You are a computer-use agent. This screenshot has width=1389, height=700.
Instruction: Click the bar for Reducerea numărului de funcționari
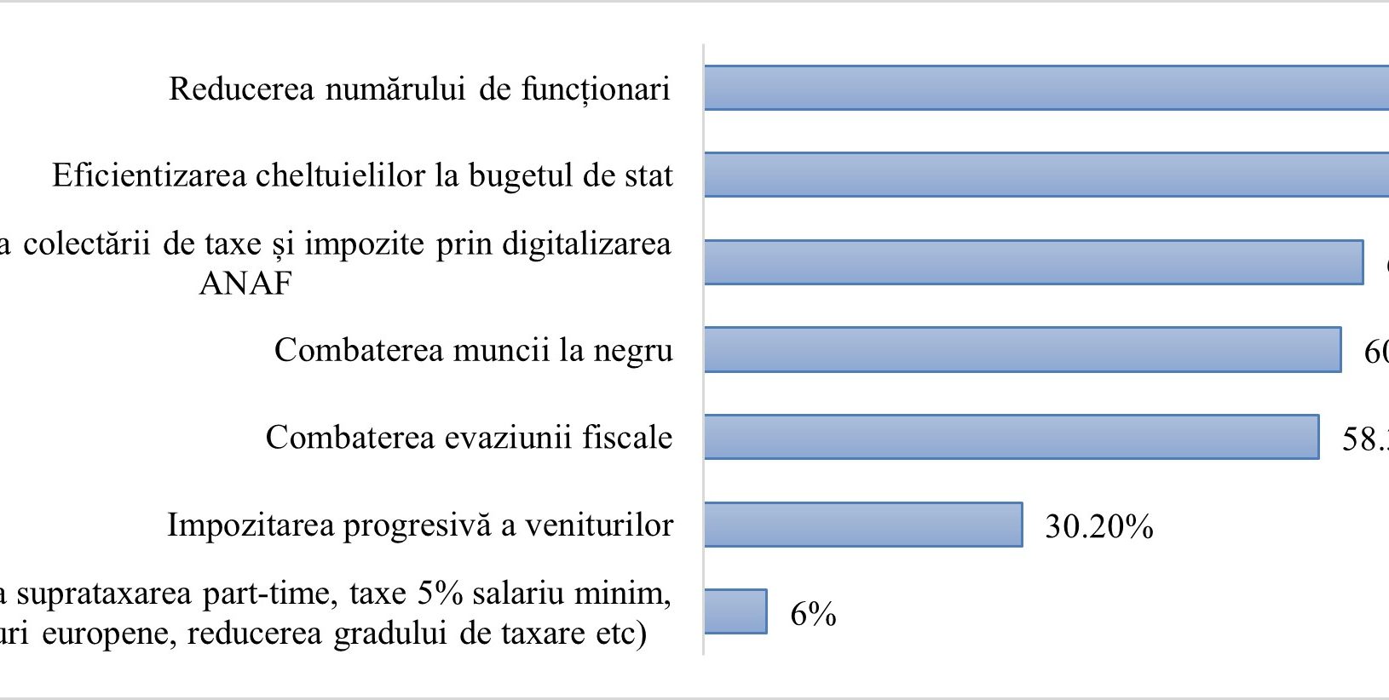click(x=1046, y=88)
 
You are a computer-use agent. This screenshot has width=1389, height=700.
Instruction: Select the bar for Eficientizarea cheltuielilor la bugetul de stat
click(x=1046, y=175)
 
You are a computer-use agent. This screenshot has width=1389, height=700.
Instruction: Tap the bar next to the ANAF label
click(x=1033, y=262)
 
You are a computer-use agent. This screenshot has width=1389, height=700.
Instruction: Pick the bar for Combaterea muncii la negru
click(x=1022, y=349)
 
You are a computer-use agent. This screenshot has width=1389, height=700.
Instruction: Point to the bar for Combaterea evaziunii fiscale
click(x=1011, y=437)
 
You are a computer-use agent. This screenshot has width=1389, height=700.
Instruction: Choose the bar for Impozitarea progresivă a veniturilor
click(x=862, y=525)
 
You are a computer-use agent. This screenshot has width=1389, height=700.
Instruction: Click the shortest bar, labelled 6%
click(x=735, y=611)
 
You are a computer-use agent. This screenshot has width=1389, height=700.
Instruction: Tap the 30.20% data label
click(x=1098, y=527)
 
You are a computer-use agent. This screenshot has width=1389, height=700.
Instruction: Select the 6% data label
click(x=813, y=614)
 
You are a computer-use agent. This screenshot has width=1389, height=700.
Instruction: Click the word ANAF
click(x=245, y=283)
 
